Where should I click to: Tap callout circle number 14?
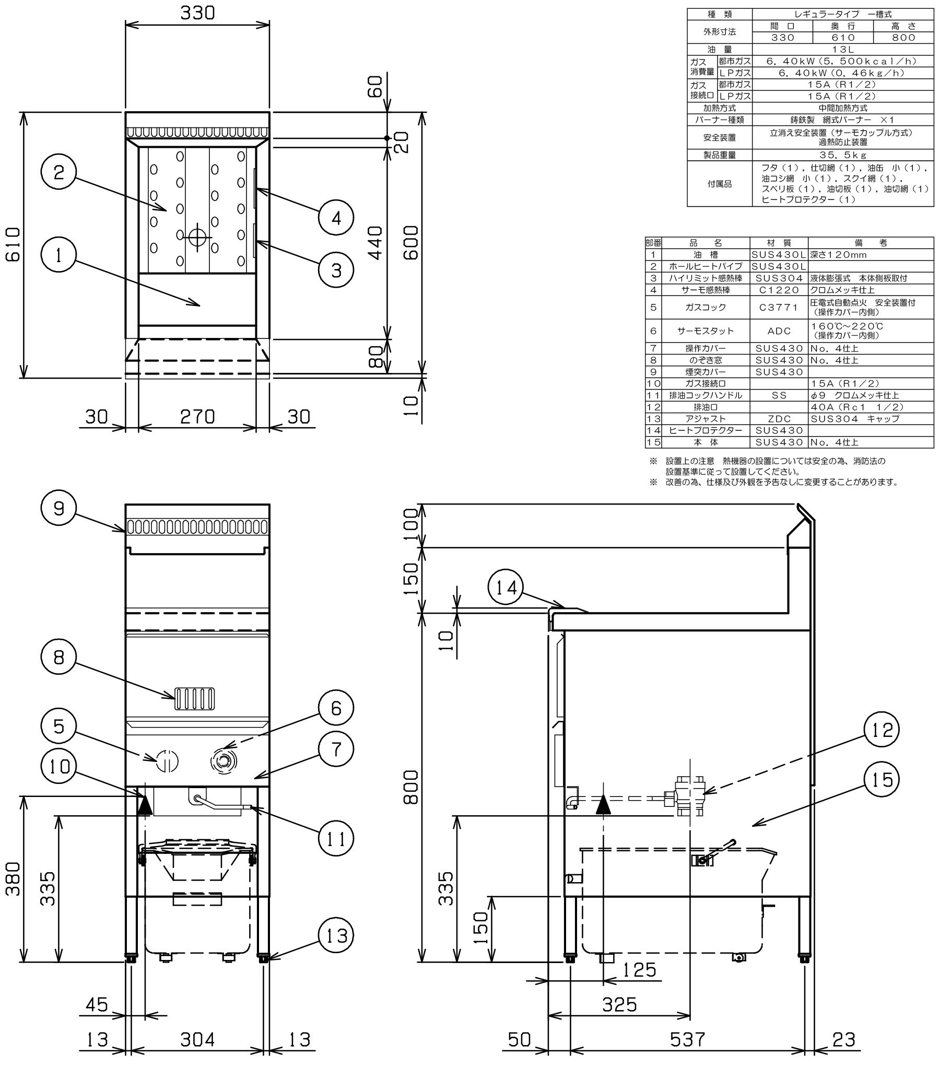[506, 588]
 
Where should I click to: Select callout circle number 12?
[882, 730]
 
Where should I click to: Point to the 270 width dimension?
[197, 417]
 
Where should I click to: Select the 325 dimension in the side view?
[620, 1004]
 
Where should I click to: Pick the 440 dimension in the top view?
[375, 242]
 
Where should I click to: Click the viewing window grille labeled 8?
[194, 699]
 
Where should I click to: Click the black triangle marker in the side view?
[603, 805]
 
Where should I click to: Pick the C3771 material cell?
[779, 307]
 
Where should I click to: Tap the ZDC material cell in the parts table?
[779, 419]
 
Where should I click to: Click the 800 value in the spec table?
[903, 38]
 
